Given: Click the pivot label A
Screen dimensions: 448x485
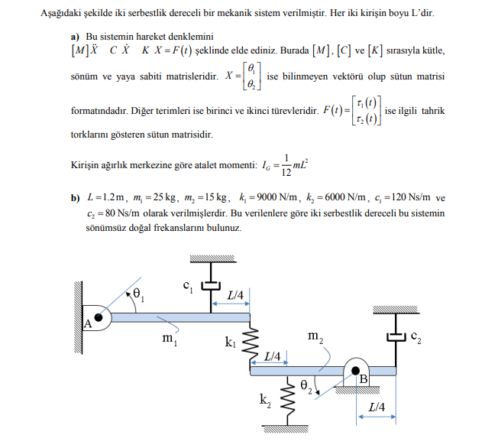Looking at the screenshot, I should click(x=88, y=324).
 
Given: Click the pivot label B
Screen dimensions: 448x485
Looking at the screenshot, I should click(x=364, y=379).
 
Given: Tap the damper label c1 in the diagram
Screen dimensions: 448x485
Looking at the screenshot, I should click(x=187, y=286).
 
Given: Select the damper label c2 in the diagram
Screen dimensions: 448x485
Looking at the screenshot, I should click(x=416, y=336).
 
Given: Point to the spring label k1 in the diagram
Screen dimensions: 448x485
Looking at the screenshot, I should click(x=230, y=342).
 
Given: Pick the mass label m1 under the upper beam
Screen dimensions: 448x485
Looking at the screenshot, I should click(x=170, y=337).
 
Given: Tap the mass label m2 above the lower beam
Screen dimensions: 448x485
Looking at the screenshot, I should click(x=315, y=336).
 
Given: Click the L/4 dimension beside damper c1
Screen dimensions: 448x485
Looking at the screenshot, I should click(x=235, y=294).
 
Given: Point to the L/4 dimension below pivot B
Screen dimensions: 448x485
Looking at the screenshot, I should click(x=376, y=407).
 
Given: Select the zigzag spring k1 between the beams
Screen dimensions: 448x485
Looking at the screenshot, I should click(x=251, y=344).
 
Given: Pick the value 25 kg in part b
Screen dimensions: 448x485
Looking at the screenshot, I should click(x=157, y=198).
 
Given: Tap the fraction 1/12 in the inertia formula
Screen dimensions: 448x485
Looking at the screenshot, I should click(x=286, y=164).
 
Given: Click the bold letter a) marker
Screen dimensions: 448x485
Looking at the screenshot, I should click(x=75, y=37).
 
